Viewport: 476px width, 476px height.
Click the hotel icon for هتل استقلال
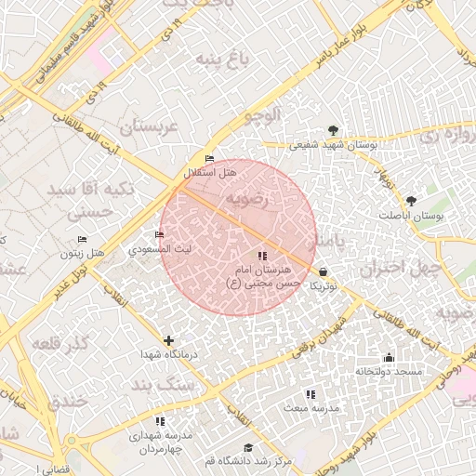209,159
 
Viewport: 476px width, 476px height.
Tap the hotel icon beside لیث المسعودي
159,234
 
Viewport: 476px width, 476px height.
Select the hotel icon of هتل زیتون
82,239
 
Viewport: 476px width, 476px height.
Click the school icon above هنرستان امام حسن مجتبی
263,256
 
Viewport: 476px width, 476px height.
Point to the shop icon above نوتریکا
323,271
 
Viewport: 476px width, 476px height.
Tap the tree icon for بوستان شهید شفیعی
334,130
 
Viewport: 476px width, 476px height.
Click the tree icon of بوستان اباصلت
411,200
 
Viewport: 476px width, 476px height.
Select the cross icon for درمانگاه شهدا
168,340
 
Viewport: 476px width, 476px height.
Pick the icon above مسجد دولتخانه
389,358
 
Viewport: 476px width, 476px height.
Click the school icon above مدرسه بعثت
311,394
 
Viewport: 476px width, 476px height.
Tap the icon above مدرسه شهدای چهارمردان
160,421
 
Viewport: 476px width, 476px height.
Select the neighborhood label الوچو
262,115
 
